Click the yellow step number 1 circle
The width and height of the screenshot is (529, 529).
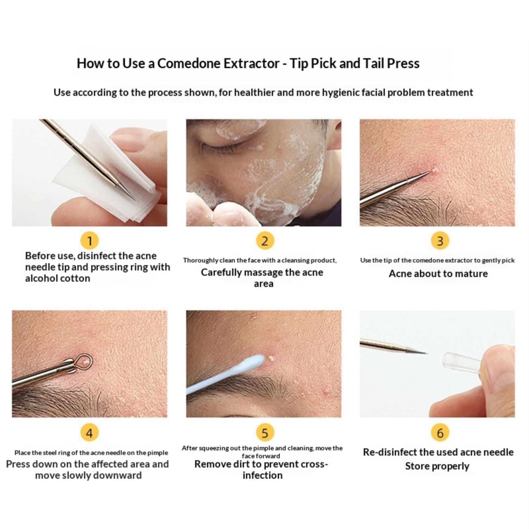point(89,241)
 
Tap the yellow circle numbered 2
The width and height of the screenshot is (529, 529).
point(264,241)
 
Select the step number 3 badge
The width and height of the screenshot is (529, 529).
point(440,241)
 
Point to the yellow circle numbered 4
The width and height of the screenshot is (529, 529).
point(89,433)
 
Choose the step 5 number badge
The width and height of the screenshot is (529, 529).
point(264,433)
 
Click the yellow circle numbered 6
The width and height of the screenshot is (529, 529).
point(440,433)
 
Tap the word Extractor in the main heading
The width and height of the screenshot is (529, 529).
point(252,63)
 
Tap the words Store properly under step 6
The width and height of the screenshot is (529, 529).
point(437,466)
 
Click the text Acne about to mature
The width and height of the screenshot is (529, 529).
point(438,274)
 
